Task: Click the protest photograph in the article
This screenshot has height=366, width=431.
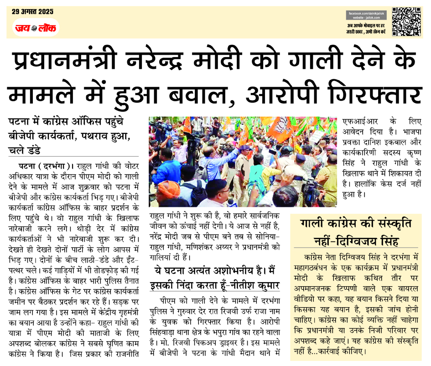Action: click(x=242, y=162)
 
